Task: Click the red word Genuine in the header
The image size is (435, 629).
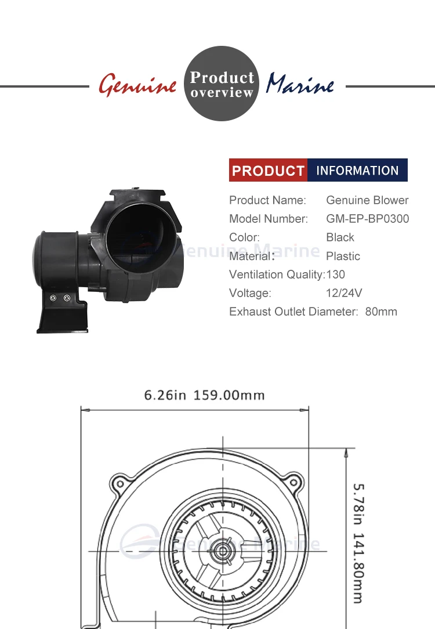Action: pyautogui.click(x=137, y=85)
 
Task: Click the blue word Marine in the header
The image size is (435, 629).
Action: pyautogui.click(x=300, y=84)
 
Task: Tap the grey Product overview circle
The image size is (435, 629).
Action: pyautogui.click(x=222, y=84)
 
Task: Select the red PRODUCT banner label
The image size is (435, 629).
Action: pyautogui.click(x=268, y=171)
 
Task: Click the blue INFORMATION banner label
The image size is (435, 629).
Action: pyautogui.click(x=358, y=171)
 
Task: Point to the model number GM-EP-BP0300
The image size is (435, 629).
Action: pyautogui.click(x=368, y=219)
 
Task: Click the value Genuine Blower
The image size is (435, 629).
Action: pyautogui.click(x=367, y=200)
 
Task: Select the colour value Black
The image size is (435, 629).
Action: pyautogui.click(x=340, y=237)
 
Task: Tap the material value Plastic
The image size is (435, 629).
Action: pyautogui.click(x=343, y=256)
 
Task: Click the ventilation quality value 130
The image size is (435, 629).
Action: pyautogui.click(x=336, y=274)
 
